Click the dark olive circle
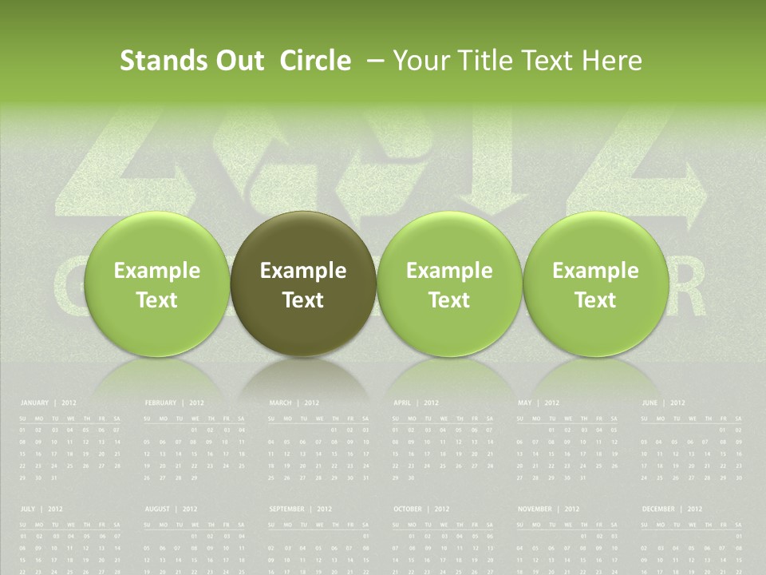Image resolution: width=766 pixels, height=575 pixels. (x=303, y=284)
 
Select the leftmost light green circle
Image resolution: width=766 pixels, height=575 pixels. (x=157, y=284)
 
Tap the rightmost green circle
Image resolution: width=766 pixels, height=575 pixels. (x=595, y=284)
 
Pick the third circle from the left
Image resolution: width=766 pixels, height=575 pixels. (x=449, y=284)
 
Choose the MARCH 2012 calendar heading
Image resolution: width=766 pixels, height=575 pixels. (x=294, y=403)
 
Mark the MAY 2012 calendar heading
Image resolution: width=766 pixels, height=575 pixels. (x=539, y=403)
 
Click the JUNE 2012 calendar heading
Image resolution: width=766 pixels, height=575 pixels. (x=663, y=403)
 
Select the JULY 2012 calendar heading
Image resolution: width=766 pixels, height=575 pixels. (x=41, y=509)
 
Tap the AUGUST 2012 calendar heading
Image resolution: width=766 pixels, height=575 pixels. (x=172, y=509)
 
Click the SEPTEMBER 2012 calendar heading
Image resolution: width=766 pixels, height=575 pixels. (x=300, y=509)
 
